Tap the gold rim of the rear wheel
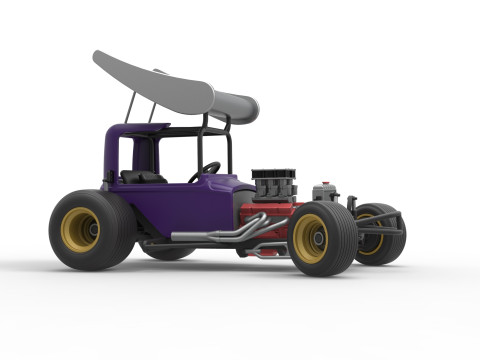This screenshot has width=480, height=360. [x=79, y=230]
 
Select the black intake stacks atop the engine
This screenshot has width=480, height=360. [x=272, y=182]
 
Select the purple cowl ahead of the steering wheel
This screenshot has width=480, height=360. [x=225, y=182]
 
